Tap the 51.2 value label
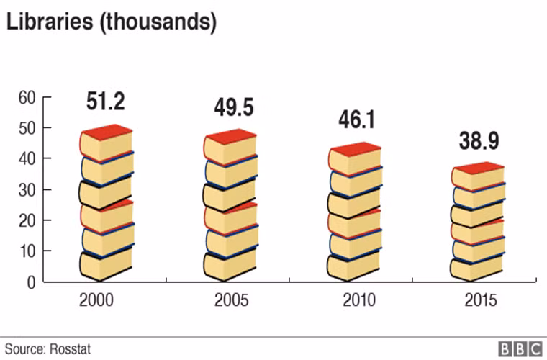(106, 102)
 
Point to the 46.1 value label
(357, 120)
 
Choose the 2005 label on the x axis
(230, 301)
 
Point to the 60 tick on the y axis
(27, 98)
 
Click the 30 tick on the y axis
(27, 190)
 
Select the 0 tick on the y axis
(31, 282)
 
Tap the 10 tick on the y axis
(27, 251)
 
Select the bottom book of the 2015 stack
(476, 266)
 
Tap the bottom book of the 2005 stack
(230, 264)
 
